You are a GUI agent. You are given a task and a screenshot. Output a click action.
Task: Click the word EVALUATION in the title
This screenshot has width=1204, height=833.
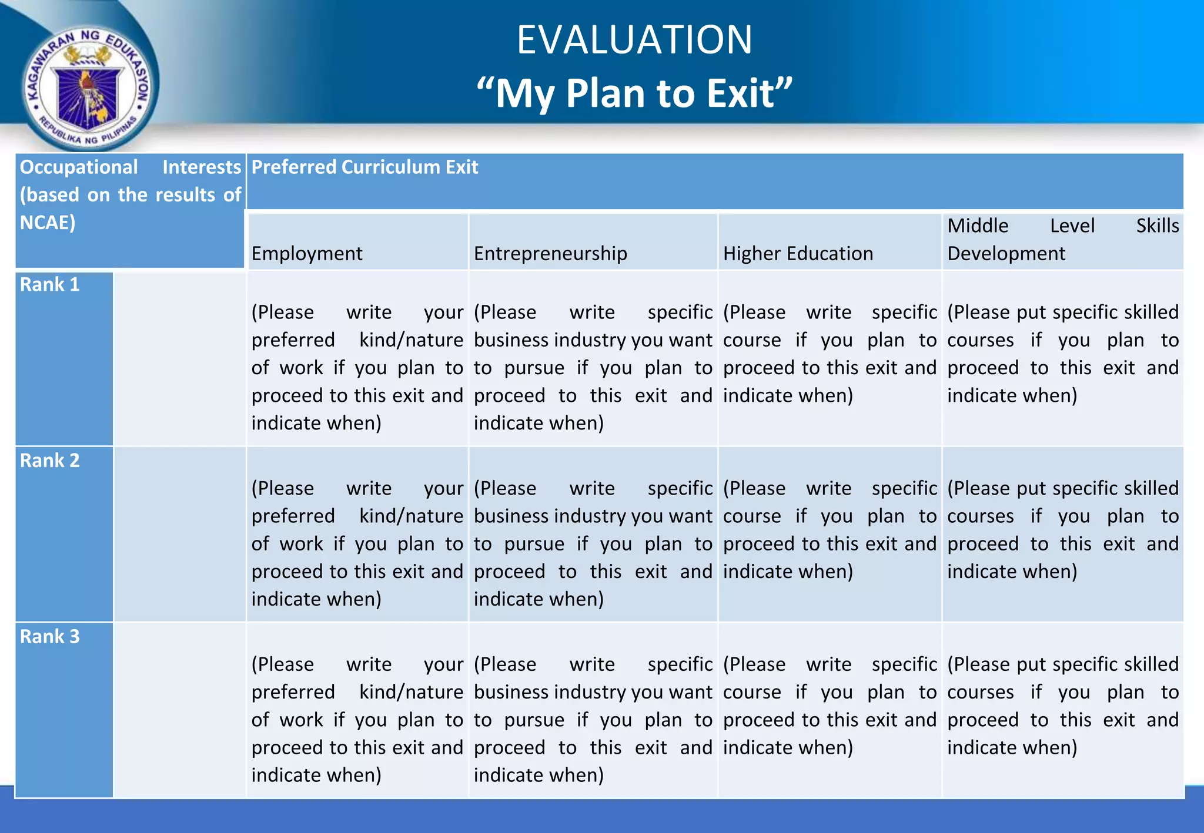click(x=634, y=40)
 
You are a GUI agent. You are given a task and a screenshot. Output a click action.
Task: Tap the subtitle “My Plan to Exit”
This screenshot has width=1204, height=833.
click(x=634, y=93)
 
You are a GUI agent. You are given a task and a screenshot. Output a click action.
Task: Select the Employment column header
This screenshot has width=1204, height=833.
click(x=307, y=253)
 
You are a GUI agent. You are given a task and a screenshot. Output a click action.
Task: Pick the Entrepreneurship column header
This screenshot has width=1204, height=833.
click(x=550, y=253)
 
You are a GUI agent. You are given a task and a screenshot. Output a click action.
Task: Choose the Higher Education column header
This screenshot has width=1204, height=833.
click(x=798, y=253)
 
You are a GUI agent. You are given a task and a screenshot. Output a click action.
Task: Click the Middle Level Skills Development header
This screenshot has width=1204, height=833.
click(x=1062, y=240)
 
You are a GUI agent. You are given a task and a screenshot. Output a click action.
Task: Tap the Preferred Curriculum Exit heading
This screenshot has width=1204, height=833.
click(x=364, y=167)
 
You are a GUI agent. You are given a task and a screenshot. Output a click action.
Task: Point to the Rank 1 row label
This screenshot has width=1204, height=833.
click(x=50, y=285)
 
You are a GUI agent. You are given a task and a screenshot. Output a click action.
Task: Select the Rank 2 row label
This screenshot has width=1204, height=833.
click(x=50, y=461)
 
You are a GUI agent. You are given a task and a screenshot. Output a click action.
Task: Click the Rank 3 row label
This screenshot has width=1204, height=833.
click(x=50, y=637)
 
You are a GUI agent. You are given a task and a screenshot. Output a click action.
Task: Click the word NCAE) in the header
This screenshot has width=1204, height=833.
click(x=48, y=223)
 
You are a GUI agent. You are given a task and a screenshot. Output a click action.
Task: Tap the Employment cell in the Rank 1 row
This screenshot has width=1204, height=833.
click(x=357, y=367)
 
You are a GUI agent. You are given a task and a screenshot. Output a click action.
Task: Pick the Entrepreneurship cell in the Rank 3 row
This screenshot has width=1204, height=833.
click(x=593, y=720)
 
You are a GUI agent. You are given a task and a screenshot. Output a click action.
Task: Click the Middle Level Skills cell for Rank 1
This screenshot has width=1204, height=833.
click(x=1062, y=354)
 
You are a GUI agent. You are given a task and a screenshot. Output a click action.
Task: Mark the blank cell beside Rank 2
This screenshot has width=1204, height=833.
click(x=179, y=533)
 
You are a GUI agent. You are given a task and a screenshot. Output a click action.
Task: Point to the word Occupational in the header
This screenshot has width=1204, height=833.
click(x=79, y=167)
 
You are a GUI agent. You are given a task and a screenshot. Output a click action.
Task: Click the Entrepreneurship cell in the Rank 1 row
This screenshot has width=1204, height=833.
click(x=593, y=367)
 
